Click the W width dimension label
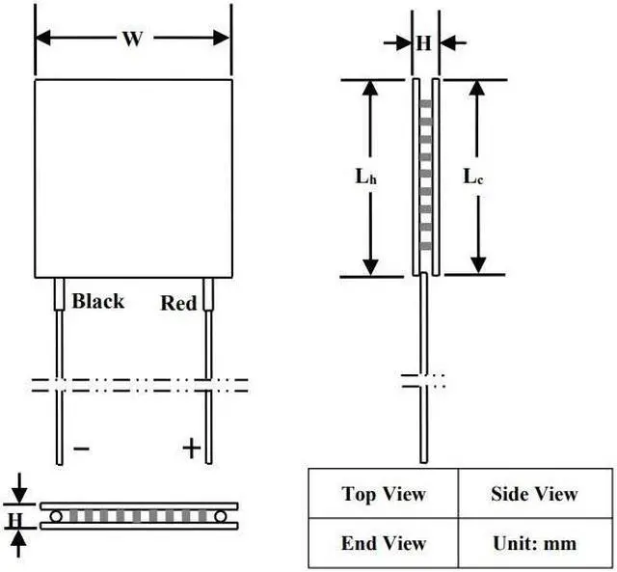(x=133, y=40)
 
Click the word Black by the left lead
(x=98, y=301)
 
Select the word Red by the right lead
(x=178, y=304)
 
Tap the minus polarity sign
(x=82, y=449)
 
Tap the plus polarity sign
(x=192, y=448)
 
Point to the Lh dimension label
(x=364, y=177)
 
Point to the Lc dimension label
(x=472, y=177)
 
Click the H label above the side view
(x=424, y=42)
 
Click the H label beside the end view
(x=15, y=522)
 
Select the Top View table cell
(x=383, y=494)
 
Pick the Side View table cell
(x=533, y=494)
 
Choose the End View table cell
(x=383, y=543)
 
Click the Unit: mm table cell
(x=533, y=543)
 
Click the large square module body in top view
(x=133, y=178)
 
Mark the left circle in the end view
(x=57, y=517)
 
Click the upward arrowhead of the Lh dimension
(x=370, y=90)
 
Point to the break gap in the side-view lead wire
(x=423, y=378)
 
